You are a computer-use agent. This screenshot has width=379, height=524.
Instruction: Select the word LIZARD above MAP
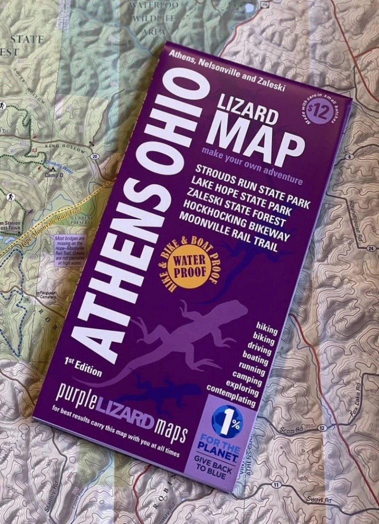(x=248, y=110)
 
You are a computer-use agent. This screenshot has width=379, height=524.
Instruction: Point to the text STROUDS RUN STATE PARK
(x=252, y=185)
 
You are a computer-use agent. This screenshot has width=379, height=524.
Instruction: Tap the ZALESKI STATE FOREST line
(x=244, y=209)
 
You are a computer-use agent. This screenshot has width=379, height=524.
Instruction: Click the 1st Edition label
(x=83, y=368)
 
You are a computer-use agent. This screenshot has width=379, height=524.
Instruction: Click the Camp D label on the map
(x=54, y=175)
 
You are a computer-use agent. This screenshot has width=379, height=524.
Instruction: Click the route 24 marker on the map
(x=370, y=248)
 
